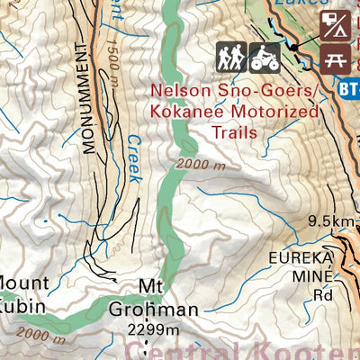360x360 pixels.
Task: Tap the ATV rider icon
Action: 265,58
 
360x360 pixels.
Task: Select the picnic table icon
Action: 337,60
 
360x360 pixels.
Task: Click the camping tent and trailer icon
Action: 337,26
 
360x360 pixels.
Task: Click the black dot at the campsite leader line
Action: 292,45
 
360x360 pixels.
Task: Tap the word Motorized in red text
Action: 275,112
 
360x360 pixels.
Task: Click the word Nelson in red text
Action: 176,92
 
